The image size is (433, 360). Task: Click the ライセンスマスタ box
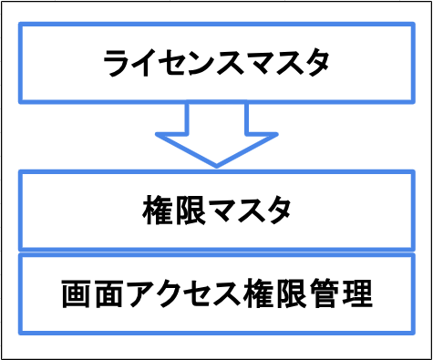216,64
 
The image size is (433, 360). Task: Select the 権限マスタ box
216,211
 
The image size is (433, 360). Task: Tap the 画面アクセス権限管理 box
216,293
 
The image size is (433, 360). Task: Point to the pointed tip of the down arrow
216,165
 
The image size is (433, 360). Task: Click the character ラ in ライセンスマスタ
119,64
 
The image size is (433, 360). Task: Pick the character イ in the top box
150,64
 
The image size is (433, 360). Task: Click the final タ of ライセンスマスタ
314,64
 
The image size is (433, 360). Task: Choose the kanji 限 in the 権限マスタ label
186,211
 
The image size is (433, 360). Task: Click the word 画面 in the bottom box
93,293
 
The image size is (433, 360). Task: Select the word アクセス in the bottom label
185,293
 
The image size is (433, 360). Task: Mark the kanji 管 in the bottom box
325,293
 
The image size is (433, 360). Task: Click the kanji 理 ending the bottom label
357,293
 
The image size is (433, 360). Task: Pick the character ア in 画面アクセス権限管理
139,293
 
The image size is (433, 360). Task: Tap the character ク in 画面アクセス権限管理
170,293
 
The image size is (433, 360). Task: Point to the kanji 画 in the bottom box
77,293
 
